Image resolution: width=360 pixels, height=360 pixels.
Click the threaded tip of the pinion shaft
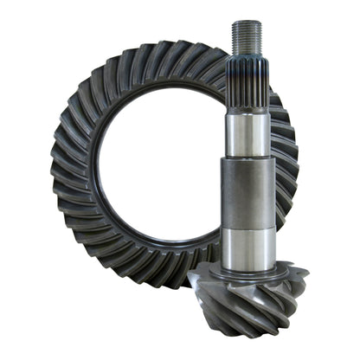pyautogui.click(x=246, y=37)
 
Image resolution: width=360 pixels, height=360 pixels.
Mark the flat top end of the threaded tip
pyautogui.click(x=246, y=23)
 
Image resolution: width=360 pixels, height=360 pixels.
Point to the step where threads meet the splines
pyautogui.click(x=246, y=57)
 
